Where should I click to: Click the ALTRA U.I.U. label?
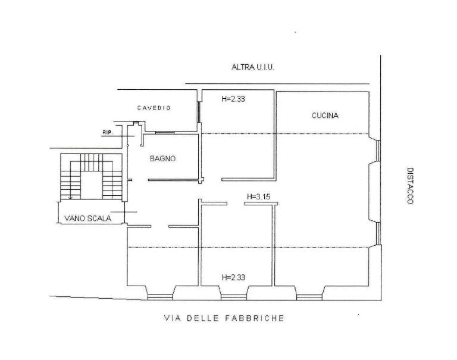click(253, 67)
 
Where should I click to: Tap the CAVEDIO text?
click(154, 108)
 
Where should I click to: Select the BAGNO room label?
click(162, 158)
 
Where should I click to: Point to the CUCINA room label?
click(325, 115)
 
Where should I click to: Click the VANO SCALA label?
click(87, 218)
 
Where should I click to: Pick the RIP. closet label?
click(108, 133)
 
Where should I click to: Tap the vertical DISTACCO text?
click(410, 186)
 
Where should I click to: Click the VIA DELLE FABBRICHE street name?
click(224, 318)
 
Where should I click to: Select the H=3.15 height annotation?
click(258, 197)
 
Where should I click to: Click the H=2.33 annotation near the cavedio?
click(233, 99)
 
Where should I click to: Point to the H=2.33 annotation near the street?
click(233, 277)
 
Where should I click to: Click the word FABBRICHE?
click(255, 318)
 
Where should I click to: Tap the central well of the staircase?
click(91, 185)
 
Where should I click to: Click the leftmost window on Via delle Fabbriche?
click(160, 297)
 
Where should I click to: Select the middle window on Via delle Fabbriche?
click(234, 297)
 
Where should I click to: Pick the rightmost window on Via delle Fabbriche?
click(309, 297)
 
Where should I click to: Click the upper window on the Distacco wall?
click(378, 151)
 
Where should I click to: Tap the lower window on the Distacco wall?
click(378, 233)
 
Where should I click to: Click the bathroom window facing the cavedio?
click(165, 133)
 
